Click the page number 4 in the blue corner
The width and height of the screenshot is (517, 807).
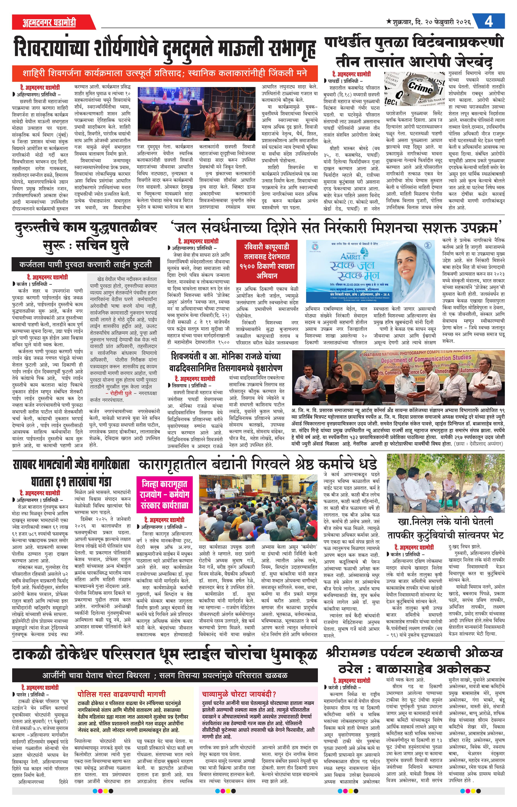pyautogui.click(x=489, y=22)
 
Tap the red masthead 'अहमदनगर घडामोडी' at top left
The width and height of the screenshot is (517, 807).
pyautogui.click(x=50, y=22)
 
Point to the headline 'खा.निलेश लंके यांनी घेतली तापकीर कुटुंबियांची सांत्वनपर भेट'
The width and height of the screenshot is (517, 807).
pyautogui.click(x=446, y=528)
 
